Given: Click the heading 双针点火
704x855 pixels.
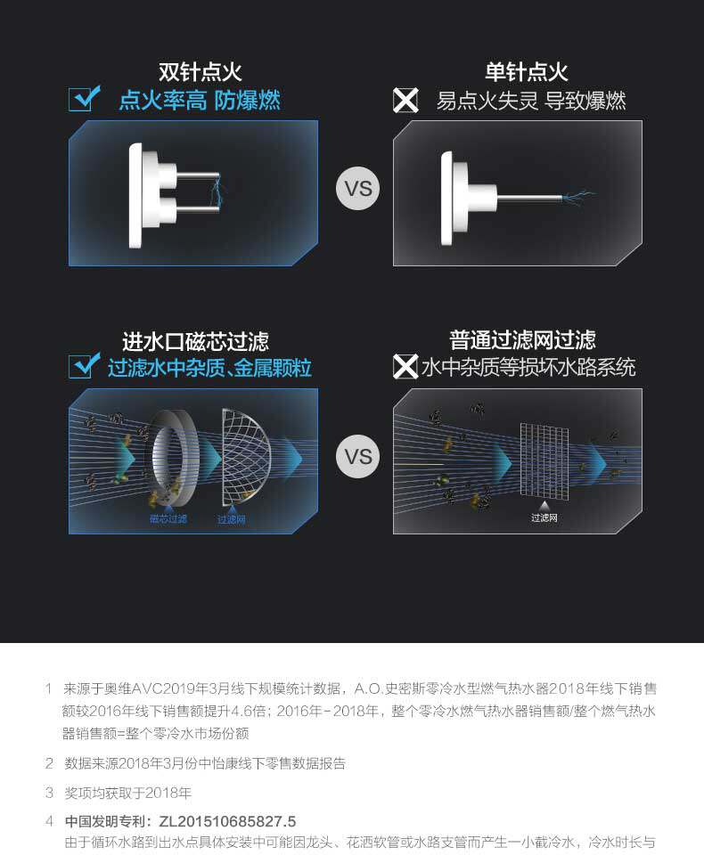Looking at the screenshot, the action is pos(200,72).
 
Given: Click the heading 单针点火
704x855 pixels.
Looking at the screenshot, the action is pos(526,72).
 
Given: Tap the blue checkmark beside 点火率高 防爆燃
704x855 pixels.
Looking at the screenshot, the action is pos(84,99).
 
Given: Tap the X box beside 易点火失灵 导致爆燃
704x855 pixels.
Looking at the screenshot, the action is pos(405,101).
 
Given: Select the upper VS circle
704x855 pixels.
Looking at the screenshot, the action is pos(358,188).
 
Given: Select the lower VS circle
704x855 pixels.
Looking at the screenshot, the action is pos(358,456).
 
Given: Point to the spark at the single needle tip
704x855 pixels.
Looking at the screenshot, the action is pos(578,195).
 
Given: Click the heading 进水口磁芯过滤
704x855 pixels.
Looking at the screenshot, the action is pos(195,342).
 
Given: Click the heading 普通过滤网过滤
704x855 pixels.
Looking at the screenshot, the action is pos(522,340).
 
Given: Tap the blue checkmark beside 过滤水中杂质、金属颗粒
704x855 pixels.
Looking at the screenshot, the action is pos(84,365).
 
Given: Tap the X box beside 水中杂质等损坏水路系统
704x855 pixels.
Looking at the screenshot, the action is pos(405,366).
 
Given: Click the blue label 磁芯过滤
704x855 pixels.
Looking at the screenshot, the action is pos(168,518).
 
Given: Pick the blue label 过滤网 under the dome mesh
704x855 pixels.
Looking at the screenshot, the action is pos(232,519).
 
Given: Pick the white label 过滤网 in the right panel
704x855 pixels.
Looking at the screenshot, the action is pos(544,517).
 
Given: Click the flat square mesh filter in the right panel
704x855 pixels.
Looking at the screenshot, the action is pos(544,460).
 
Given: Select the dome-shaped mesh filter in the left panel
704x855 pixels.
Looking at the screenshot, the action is pos(246,457).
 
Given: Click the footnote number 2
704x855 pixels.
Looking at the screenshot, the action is pos(49,763).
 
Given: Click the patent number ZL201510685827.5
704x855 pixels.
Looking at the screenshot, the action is pos(227,821).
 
